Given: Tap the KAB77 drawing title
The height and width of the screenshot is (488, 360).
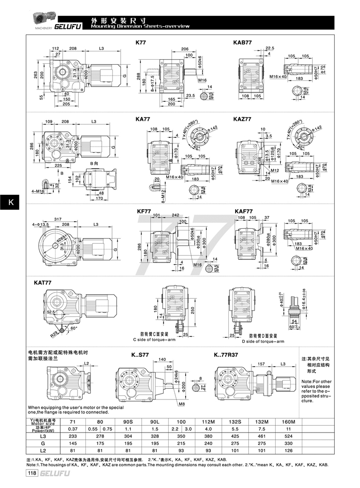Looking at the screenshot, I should click(242, 43).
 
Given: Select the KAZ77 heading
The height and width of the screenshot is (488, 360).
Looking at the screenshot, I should click(242, 119).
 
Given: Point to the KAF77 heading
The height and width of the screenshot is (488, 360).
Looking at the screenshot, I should click(243, 211).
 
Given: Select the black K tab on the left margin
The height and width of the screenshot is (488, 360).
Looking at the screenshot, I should click(9, 203).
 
